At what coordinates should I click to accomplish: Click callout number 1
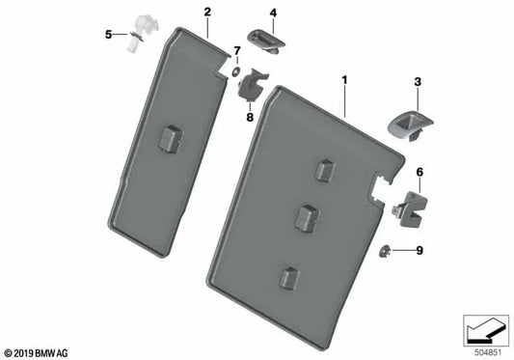click(342, 71)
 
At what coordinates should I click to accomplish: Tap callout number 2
click(207, 12)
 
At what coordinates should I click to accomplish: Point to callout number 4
click(272, 13)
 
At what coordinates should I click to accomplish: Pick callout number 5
click(109, 35)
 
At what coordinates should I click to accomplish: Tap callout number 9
click(419, 252)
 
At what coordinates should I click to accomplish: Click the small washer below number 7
click(234, 69)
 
